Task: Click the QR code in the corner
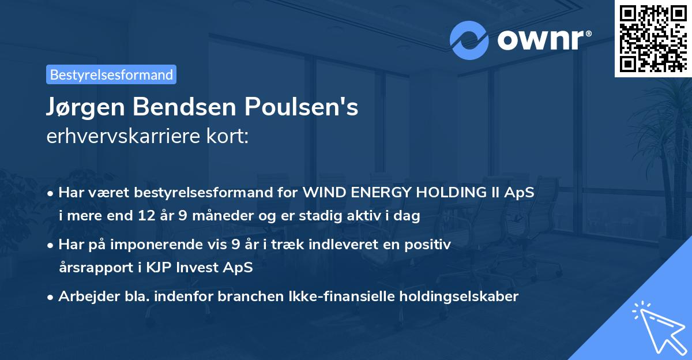653,37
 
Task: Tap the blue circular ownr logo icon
469,40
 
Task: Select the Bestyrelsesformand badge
111,74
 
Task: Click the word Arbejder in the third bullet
83,297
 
